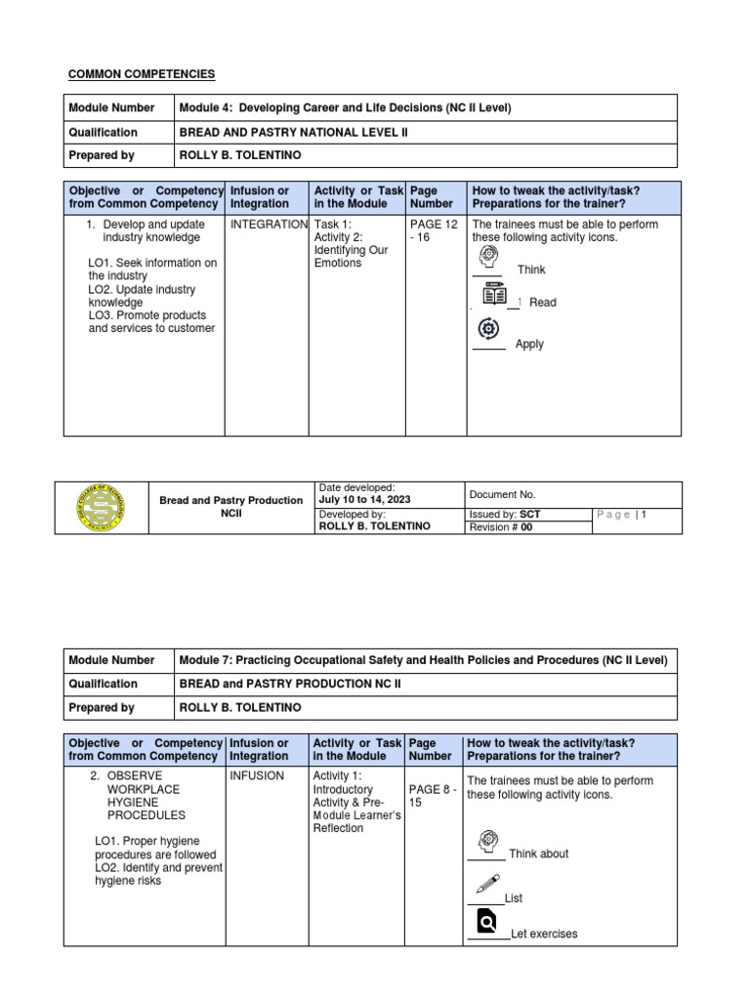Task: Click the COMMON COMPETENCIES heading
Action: tap(142, 74)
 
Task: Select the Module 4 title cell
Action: tap(345, 107)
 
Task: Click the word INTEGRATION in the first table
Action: tap(269, 225)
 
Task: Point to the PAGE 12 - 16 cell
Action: tap(434, 230)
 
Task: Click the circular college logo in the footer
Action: tap(101, 507)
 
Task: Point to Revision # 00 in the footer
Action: tap(502, 527)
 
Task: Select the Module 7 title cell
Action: tap(424, 660)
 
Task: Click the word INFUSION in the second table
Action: tap(258, 776)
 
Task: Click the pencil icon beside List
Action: tap(487, 884)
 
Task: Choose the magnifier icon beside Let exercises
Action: tap(486, 921)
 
